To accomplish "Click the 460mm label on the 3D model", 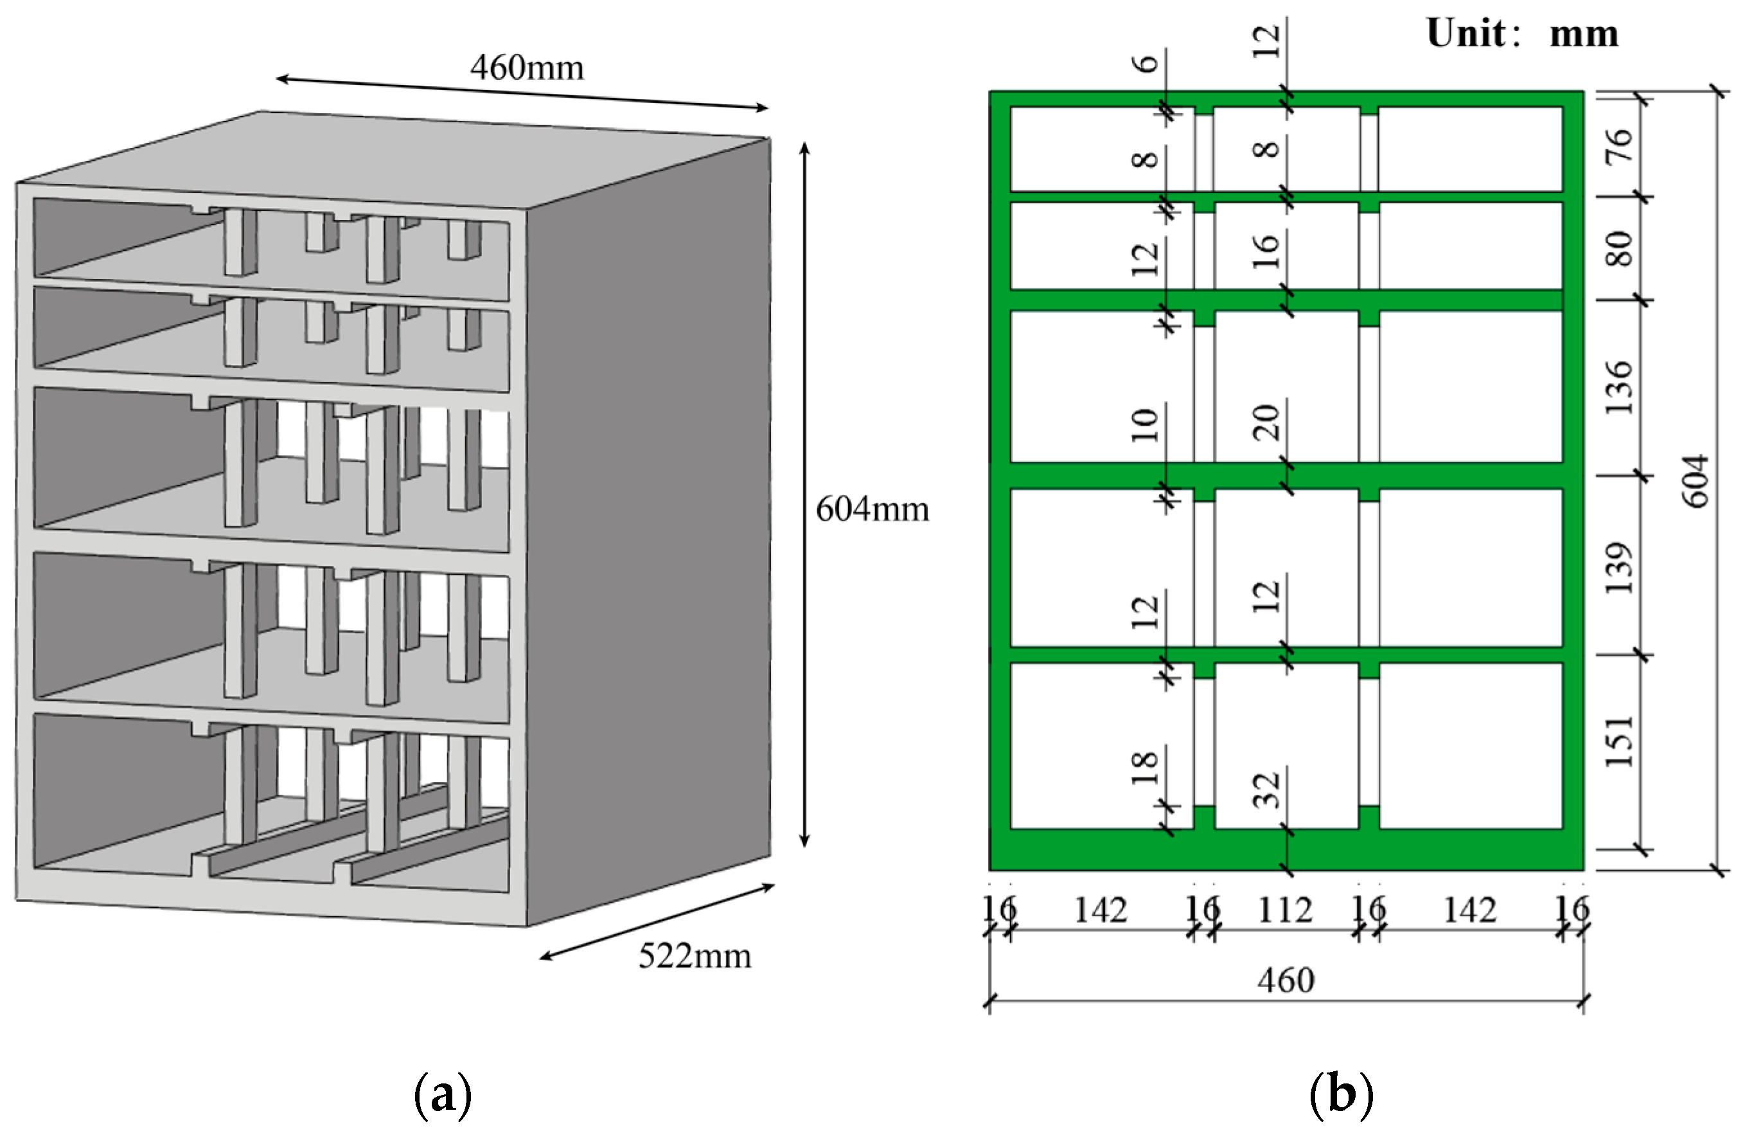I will (526, 68).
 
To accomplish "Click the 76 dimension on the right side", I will (1619, 145).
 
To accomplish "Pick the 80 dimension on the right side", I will (1619, 249).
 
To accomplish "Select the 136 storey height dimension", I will (1619, 387).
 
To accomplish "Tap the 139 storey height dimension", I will (1619, 568).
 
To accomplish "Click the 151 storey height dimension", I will (1619, 741).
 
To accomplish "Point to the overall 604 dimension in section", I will (1695, 481).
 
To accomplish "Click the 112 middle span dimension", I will (1285, 911).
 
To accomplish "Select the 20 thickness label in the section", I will (1267, 422).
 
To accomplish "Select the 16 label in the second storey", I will (1267, 251).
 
